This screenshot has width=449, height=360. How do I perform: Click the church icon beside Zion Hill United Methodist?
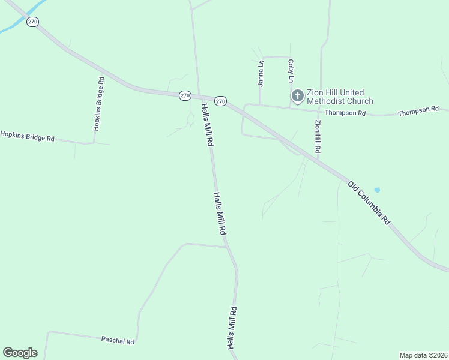297,95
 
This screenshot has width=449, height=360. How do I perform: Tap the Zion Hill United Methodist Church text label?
340,97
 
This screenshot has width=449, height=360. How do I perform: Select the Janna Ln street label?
261,73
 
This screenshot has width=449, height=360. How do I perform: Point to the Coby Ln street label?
291,71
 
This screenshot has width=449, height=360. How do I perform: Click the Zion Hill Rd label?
318,136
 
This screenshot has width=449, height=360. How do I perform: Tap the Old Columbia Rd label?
369,203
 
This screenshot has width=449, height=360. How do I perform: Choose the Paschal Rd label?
118,340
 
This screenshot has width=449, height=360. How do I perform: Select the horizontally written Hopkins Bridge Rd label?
27,136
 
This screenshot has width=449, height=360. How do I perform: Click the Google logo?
20,353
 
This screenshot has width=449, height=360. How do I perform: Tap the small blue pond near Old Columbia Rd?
376,190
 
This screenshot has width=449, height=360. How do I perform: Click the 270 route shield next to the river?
32,22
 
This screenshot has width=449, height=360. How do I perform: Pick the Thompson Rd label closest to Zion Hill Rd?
345,113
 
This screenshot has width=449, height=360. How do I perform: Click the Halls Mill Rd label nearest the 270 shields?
207,125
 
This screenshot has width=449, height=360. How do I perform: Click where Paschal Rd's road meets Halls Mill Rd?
225,246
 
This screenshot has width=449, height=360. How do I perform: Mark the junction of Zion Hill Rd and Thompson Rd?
319,110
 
